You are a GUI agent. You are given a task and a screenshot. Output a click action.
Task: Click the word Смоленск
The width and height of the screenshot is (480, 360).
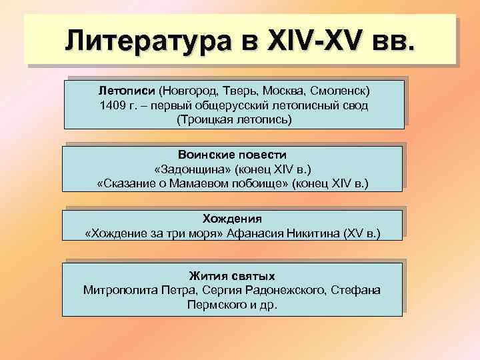tap(341, 89)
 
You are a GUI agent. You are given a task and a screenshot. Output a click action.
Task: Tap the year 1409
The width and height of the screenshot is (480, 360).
tap(111, 105)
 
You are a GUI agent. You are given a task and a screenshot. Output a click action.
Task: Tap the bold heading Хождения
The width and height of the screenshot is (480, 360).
tap(232, 218)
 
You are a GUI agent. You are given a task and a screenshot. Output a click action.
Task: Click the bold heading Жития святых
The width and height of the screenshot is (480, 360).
tap(232, 275)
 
